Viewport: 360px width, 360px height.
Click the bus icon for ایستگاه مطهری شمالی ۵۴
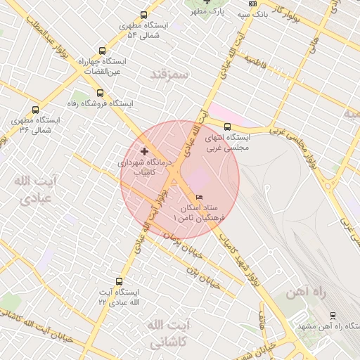pyautogui.click(x=144, y=15)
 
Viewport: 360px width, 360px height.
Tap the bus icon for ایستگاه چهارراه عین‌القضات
pyautogui.click(x=103, y=51)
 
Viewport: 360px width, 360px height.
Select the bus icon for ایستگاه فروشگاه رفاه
pyautogui.click(x=99, y=93)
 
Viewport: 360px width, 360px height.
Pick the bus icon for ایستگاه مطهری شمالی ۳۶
pyautogui.click(x=35, y=110)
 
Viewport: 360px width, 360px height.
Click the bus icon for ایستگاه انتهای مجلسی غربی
pyautogui.click(x=226, y=127)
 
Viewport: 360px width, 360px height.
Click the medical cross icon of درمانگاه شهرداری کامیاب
pyautogui.click(x=145, y=151)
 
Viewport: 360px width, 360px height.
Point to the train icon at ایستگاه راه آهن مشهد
pyautogui.click(x=333, y=316)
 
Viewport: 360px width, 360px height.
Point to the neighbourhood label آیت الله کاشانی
pyautogui.click(x=166, y=334)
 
